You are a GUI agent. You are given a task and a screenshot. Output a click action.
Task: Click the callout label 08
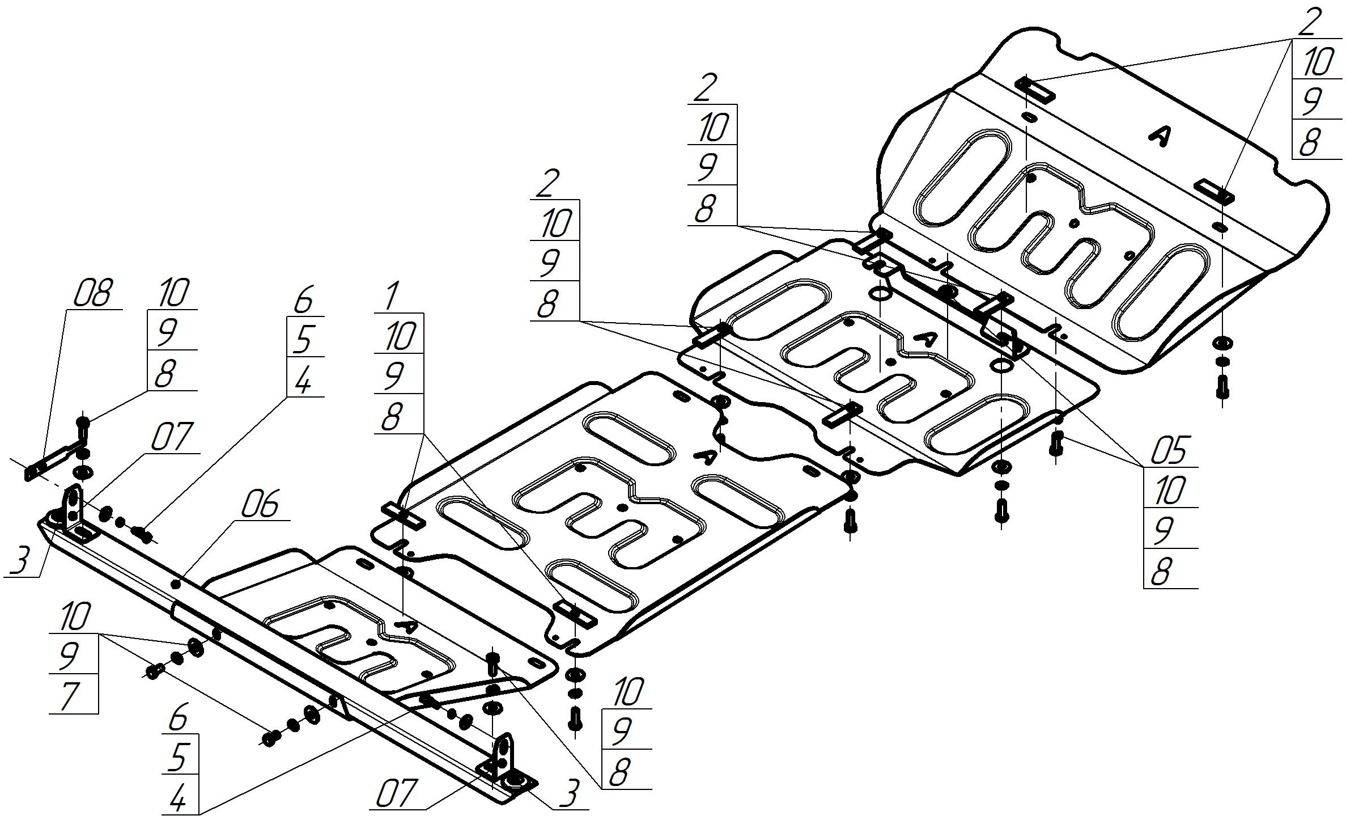click(94, 293)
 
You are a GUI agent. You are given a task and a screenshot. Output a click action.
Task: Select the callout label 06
click(260, 504)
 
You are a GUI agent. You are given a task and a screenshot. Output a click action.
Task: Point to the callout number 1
click(390, 297)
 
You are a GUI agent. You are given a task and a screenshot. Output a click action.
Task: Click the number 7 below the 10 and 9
click(69, 696)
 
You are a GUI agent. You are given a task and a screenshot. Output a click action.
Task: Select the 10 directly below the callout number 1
click(400, 336)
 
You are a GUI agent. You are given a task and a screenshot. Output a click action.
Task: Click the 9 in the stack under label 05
click(1162, 531)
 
